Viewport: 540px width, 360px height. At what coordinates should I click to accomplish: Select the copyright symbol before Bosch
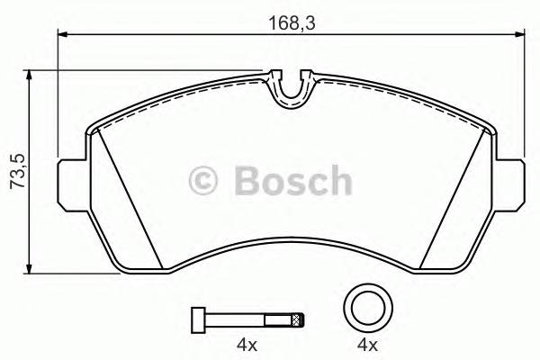[206, 182]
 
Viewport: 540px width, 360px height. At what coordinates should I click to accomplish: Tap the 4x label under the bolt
[247, 346]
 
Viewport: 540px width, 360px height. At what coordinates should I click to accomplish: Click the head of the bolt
[197, 319]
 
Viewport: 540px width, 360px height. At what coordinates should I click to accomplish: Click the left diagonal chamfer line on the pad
[129, 198]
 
